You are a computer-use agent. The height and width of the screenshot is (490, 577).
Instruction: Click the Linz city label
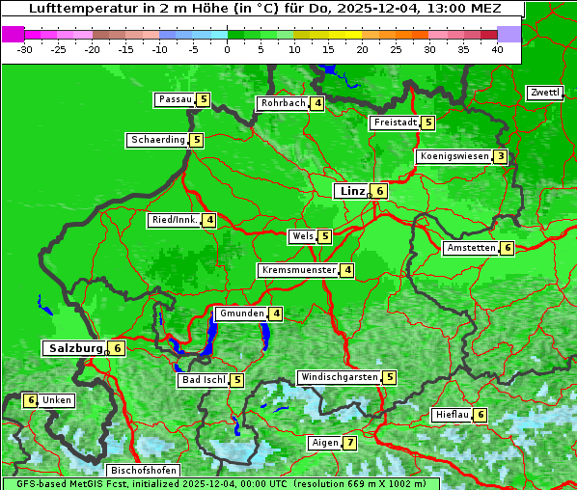click(351, 191)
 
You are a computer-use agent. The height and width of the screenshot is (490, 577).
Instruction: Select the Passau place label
click(176, 99)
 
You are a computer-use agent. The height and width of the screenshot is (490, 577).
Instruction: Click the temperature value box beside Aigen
click(349, 444)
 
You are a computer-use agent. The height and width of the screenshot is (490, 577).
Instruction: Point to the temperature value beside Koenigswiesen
click(500, 156)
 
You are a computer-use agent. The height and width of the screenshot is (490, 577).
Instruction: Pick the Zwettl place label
click(544, 93)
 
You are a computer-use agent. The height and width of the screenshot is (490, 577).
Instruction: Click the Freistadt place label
click(396, 122)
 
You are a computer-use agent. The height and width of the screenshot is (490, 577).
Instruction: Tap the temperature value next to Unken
click(31, 400)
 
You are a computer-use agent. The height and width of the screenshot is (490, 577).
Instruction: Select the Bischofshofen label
click(142, 471)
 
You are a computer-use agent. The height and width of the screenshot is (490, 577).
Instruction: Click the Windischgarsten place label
click(339, 377)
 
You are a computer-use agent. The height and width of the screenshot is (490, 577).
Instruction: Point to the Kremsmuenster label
click(298, 270)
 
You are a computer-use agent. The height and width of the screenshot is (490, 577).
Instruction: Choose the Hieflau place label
click(452, 415)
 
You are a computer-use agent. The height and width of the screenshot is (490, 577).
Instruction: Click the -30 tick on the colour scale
click(25, 49)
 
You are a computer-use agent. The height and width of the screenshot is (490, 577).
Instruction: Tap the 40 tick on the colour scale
click(497, 49)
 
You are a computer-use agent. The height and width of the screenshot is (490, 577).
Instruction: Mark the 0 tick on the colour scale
click(228, 49)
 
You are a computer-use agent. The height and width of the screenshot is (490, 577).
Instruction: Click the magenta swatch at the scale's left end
click(13, 34)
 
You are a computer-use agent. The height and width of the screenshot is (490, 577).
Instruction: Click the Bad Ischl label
click(203, 380)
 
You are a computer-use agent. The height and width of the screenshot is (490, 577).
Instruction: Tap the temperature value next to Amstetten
click(508, 248)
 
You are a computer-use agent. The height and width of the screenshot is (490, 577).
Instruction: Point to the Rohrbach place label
click(283, 103)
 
